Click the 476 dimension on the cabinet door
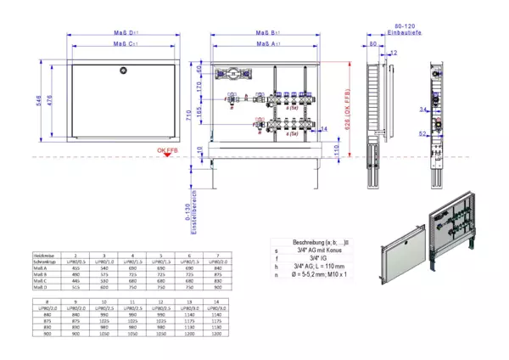52,100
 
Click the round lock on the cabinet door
124,71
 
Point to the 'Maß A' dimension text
269,43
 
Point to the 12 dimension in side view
393,53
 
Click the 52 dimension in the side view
422,133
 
